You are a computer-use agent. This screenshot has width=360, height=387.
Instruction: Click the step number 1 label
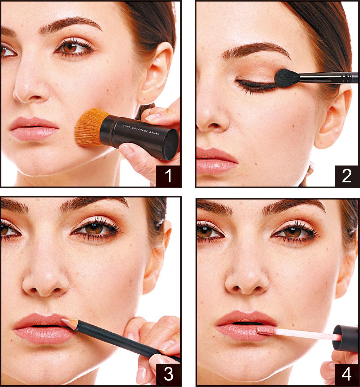pos(168,176)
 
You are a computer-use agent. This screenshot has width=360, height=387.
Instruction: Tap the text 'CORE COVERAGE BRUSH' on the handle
pos(141,130)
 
